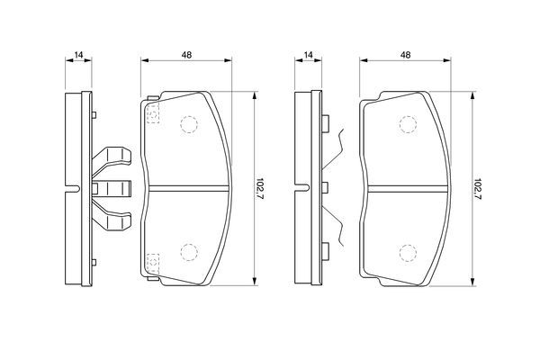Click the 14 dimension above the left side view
(79, 54)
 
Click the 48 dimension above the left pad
(186, 54)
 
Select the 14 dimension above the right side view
(308, 54)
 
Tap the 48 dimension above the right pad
(406, 54)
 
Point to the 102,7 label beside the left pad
(260, 189)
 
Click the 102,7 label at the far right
(478, 189)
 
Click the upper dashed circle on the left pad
(189, 124)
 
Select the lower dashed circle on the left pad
(189, 252)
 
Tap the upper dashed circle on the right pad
(408, 124)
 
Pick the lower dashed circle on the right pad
(408, 253)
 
